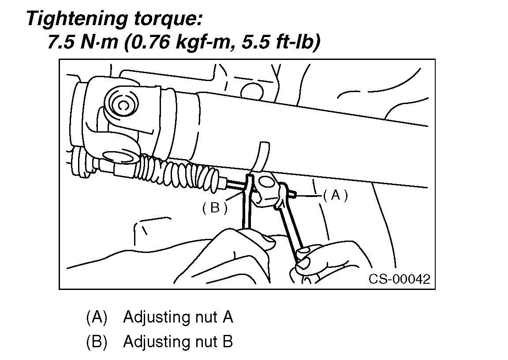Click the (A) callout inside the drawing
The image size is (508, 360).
point(336,196)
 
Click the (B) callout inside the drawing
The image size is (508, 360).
point(215,208)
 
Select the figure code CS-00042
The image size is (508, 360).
point(399,279)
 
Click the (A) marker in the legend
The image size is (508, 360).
point(97,317)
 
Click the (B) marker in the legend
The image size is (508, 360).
point(97,341)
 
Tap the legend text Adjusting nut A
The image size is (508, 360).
point(178,317)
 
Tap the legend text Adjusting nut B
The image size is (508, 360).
point(178,341)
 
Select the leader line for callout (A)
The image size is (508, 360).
point(309,194)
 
